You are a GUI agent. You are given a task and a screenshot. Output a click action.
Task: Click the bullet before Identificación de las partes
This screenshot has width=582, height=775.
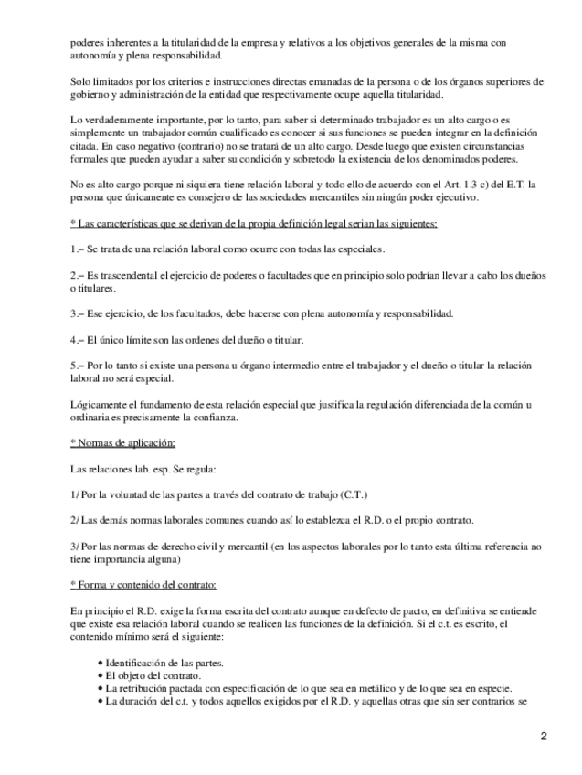100,662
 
